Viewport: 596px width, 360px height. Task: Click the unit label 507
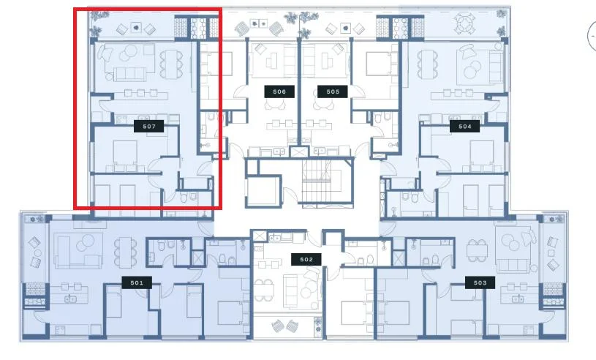point(148,126)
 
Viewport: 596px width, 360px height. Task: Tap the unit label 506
point(279,91)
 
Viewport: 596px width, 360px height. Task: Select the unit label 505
point(333,91)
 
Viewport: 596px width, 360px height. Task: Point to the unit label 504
point(464,126)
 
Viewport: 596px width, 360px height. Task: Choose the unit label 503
point(480,282)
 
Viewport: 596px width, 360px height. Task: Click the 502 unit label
point(306,259)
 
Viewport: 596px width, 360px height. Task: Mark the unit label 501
point(137,282)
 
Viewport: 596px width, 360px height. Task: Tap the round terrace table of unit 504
point(464,24)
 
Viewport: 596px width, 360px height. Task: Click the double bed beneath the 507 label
point(125,156)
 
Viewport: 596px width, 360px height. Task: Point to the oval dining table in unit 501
point(126,252)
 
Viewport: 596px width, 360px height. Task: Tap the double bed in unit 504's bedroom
point(482,156)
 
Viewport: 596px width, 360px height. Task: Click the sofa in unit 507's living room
point(129,74)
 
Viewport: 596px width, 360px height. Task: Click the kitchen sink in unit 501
point(70,299)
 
